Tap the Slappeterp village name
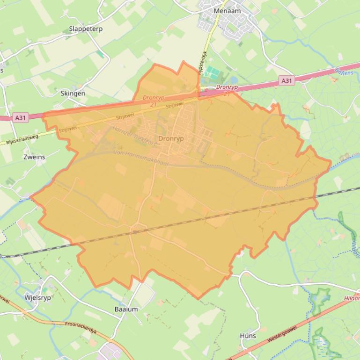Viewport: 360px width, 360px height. (x=86, y=29)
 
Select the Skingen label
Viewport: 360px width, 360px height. (x=73, y=94)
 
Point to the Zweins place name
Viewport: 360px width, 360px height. (x=34, y=157)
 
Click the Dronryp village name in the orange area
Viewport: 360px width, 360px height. (x=171, y=139)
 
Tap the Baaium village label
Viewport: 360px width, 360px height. (x=126, y=309)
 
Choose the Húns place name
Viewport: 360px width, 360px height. (x=248, y=336)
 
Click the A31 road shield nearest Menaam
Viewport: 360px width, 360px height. (x=287, y=81)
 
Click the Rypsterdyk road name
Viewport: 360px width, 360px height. (x=201, y=63)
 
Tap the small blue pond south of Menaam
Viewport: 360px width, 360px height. (x=233, y=80)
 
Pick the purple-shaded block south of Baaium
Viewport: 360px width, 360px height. (x=109, y=352)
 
